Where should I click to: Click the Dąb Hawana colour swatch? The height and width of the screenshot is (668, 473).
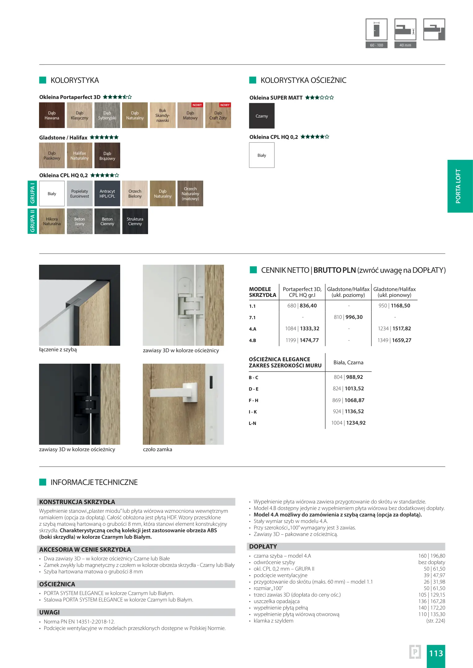[52, 115]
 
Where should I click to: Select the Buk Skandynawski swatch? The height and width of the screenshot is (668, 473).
[163, 115]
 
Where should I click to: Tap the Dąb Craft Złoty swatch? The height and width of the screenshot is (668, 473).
[218, 115]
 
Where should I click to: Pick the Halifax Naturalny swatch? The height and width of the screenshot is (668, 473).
[80, 156]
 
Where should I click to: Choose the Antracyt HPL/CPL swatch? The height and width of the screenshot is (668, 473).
[107, 194]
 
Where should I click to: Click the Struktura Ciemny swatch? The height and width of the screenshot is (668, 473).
[135, 221]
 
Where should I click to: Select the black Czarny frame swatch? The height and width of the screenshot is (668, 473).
[262, 116]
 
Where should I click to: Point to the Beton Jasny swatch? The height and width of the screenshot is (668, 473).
[80, 221]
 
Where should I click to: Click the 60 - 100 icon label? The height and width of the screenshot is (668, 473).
[376, 45]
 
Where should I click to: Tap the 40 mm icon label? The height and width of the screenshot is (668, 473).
[405, 45]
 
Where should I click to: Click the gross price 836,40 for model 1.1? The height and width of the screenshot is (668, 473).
[308, 306]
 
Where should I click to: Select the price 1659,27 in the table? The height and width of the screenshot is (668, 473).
[401, 340]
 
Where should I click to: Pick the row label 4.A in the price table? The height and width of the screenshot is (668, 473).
[253, 329]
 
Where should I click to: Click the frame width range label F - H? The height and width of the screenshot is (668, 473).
[253, 400]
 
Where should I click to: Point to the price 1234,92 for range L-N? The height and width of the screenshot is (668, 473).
[356, 423]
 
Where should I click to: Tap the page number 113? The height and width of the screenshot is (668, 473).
[436, 653]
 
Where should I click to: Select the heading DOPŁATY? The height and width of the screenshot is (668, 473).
[263, 546]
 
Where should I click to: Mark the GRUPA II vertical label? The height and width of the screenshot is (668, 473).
[32, 221]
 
